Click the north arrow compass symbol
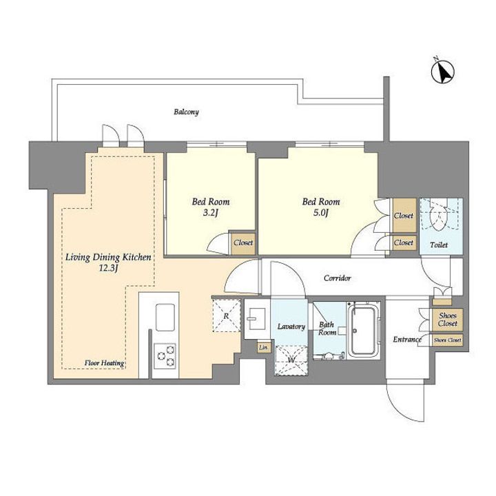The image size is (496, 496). point(443,72)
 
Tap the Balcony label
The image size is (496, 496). point(186,112)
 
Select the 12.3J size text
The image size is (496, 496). point(109,269)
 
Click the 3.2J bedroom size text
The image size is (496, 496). point(211,213)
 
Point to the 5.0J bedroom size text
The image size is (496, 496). point(321,213)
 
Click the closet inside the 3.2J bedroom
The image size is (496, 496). point(243,243)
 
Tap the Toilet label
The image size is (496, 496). point(439,245)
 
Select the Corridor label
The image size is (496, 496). point(337,278)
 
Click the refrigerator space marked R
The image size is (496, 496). point(227,316)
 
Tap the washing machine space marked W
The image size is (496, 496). point(291,360)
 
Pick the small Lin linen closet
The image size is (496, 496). point(263,347)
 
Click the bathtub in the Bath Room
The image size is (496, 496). point(364,330)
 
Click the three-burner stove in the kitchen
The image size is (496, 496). point(165,356)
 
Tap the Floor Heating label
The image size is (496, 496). point(104,363)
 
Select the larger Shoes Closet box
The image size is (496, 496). point(447,320)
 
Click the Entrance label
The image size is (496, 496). point(407,340)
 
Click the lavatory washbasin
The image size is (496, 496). point(256,318)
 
